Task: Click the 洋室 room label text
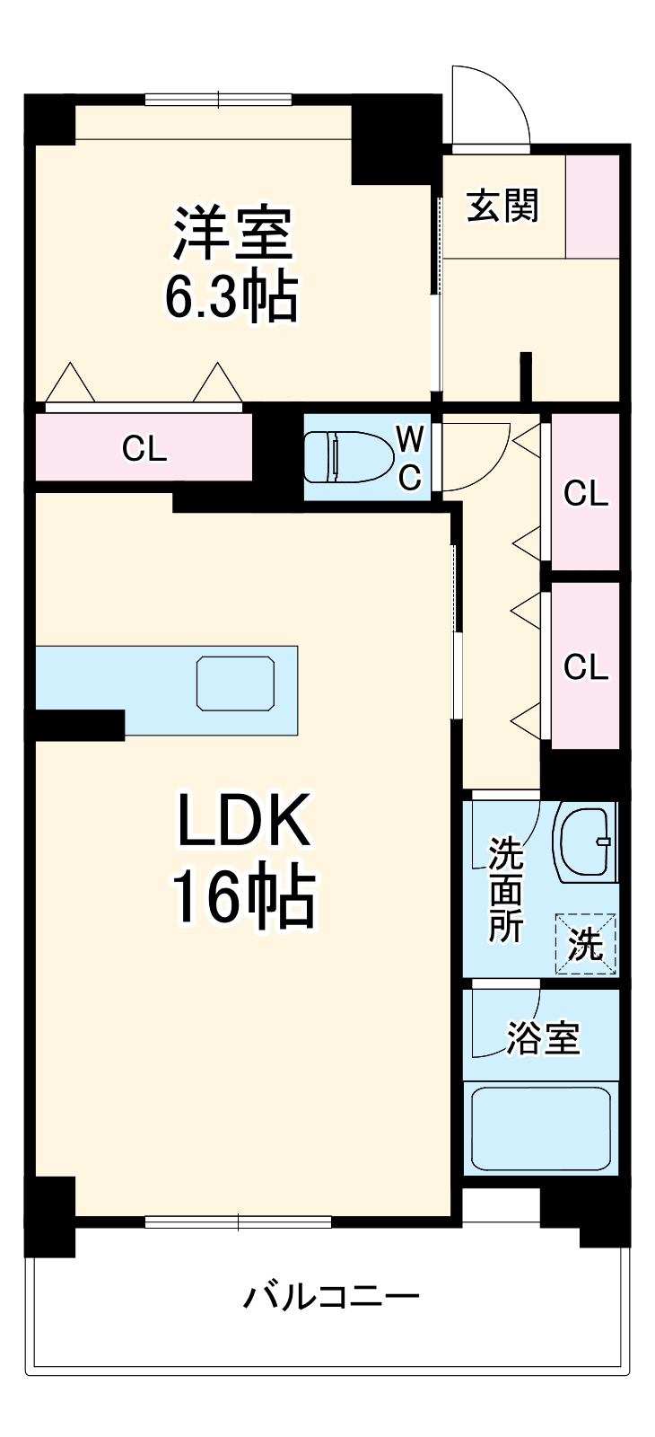click(x=232, y=233)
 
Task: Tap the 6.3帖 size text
click(x=231, y=297)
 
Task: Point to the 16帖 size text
click(x=243, y=897)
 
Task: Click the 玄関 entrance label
click(x=502, y=207)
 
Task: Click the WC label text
click(x=409, y=458)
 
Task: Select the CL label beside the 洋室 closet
click(x=144, y=448)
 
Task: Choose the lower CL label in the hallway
click(x=585, y=666)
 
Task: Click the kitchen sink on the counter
click(x=235, y=683)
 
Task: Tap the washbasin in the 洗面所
click(x=587, y=842)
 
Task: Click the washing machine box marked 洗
click(x=587, y=943)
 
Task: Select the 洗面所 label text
click(x=505, y=890)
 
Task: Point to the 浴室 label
click(x=543, y=1038)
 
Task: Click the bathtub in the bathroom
click(x=541, y=1127)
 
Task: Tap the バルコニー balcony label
click(x=331, y=1297)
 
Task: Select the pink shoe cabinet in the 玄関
click(x=593, y=207)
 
